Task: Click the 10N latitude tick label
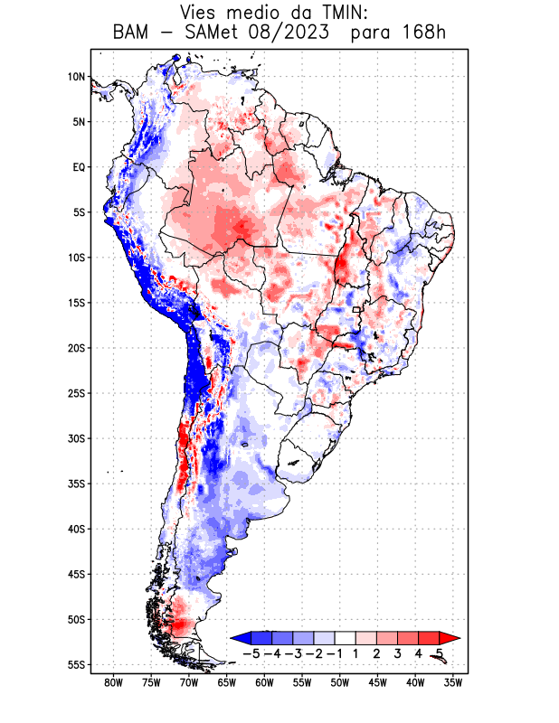(x=76, y=77)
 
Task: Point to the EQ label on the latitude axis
(x=78, y=167)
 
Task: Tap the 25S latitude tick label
(x=76, y=393)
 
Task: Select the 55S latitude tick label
(x=76, y=664)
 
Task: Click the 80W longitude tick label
(x=113, y=682)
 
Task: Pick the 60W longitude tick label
(x=264, y=682)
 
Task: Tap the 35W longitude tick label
(x=453, y=682)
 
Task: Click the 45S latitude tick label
(x=76, y=574)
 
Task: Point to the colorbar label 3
(x=398, y=653)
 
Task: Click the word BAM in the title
(x=133, y=33)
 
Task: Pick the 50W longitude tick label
(x=340, y=682)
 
